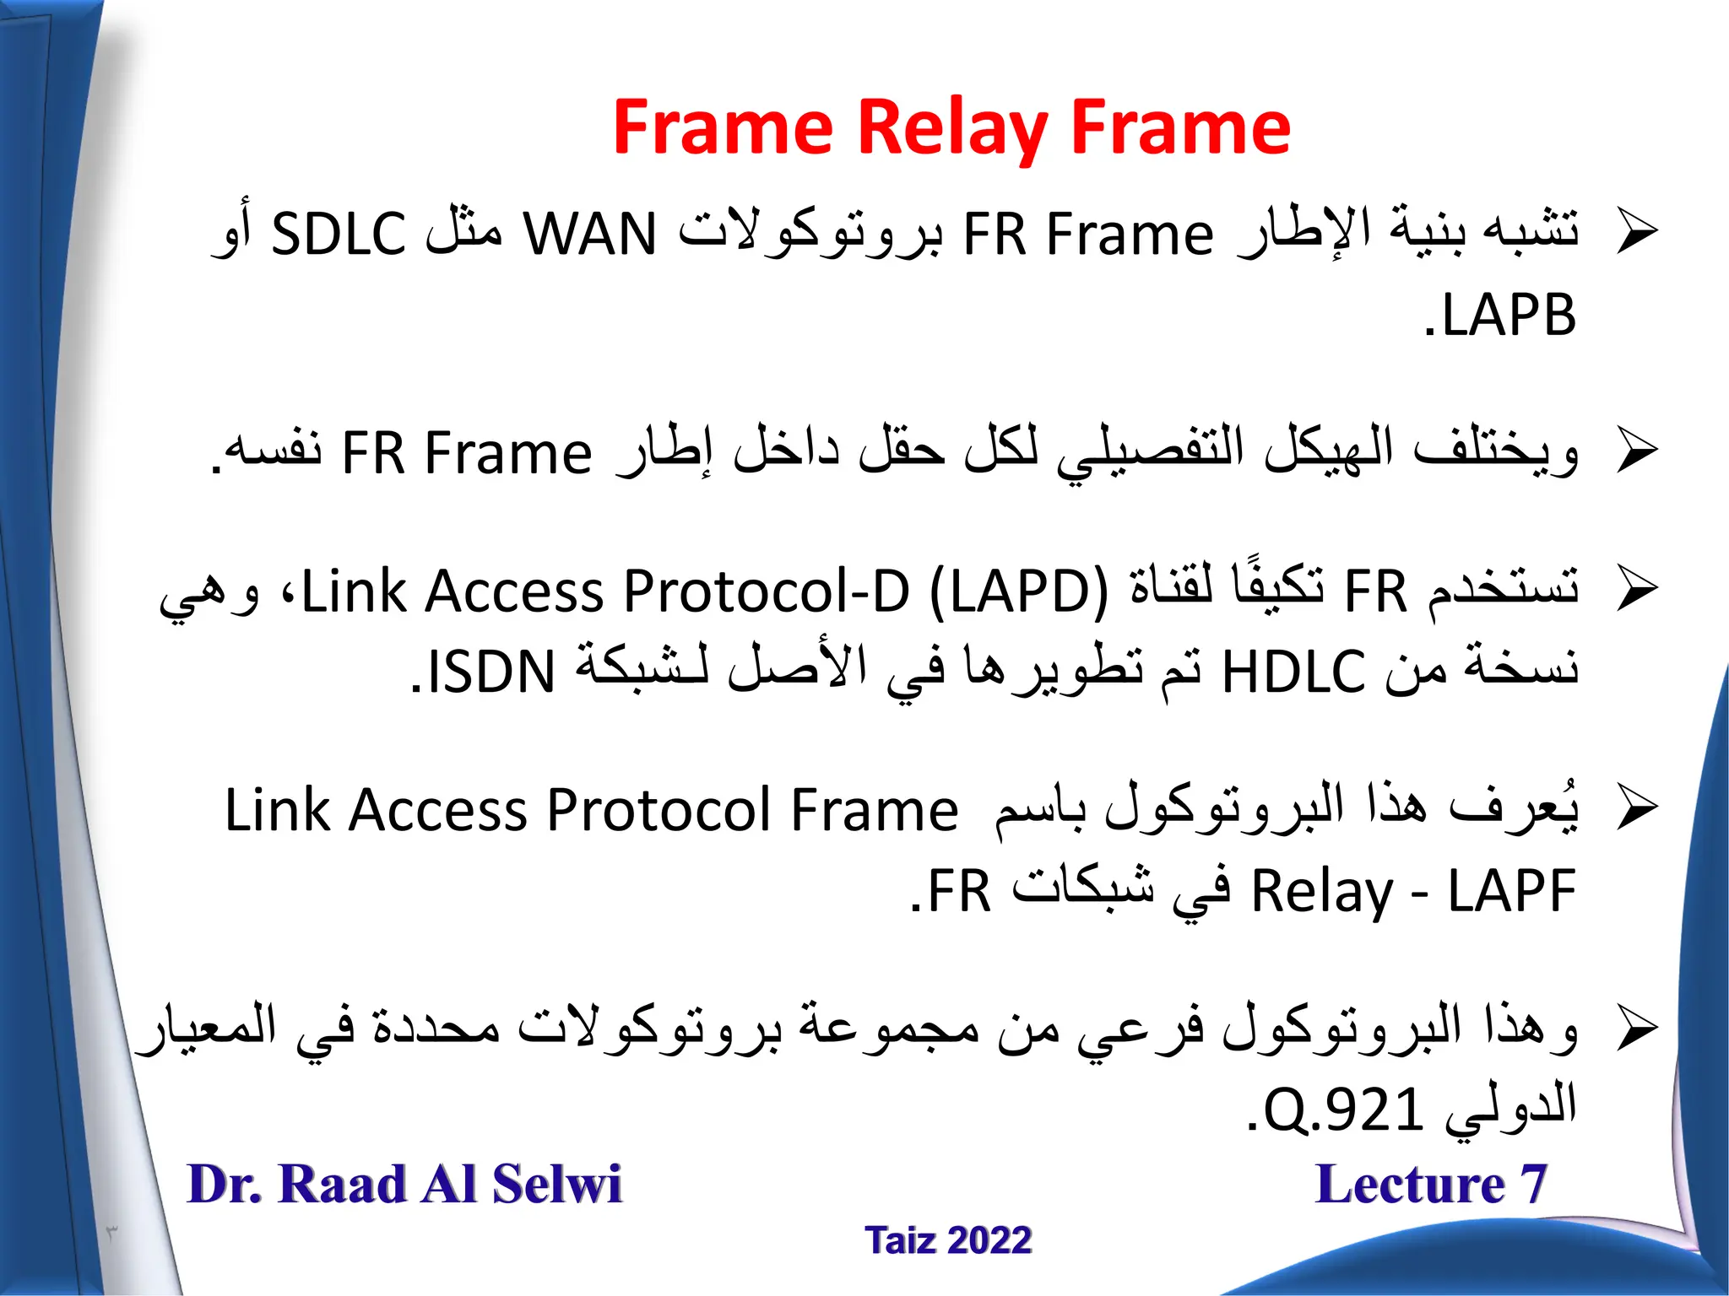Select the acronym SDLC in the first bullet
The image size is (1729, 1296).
338,235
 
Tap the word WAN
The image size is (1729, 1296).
589,235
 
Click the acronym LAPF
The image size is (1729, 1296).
1511,892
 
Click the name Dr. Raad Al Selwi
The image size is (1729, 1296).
404,1183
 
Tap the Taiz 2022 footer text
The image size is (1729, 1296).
948,1240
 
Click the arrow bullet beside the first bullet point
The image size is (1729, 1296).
1637,231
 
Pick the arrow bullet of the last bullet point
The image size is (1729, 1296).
1637,1029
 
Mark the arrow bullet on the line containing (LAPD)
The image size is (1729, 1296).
1637,589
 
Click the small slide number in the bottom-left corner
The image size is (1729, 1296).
111,1232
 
